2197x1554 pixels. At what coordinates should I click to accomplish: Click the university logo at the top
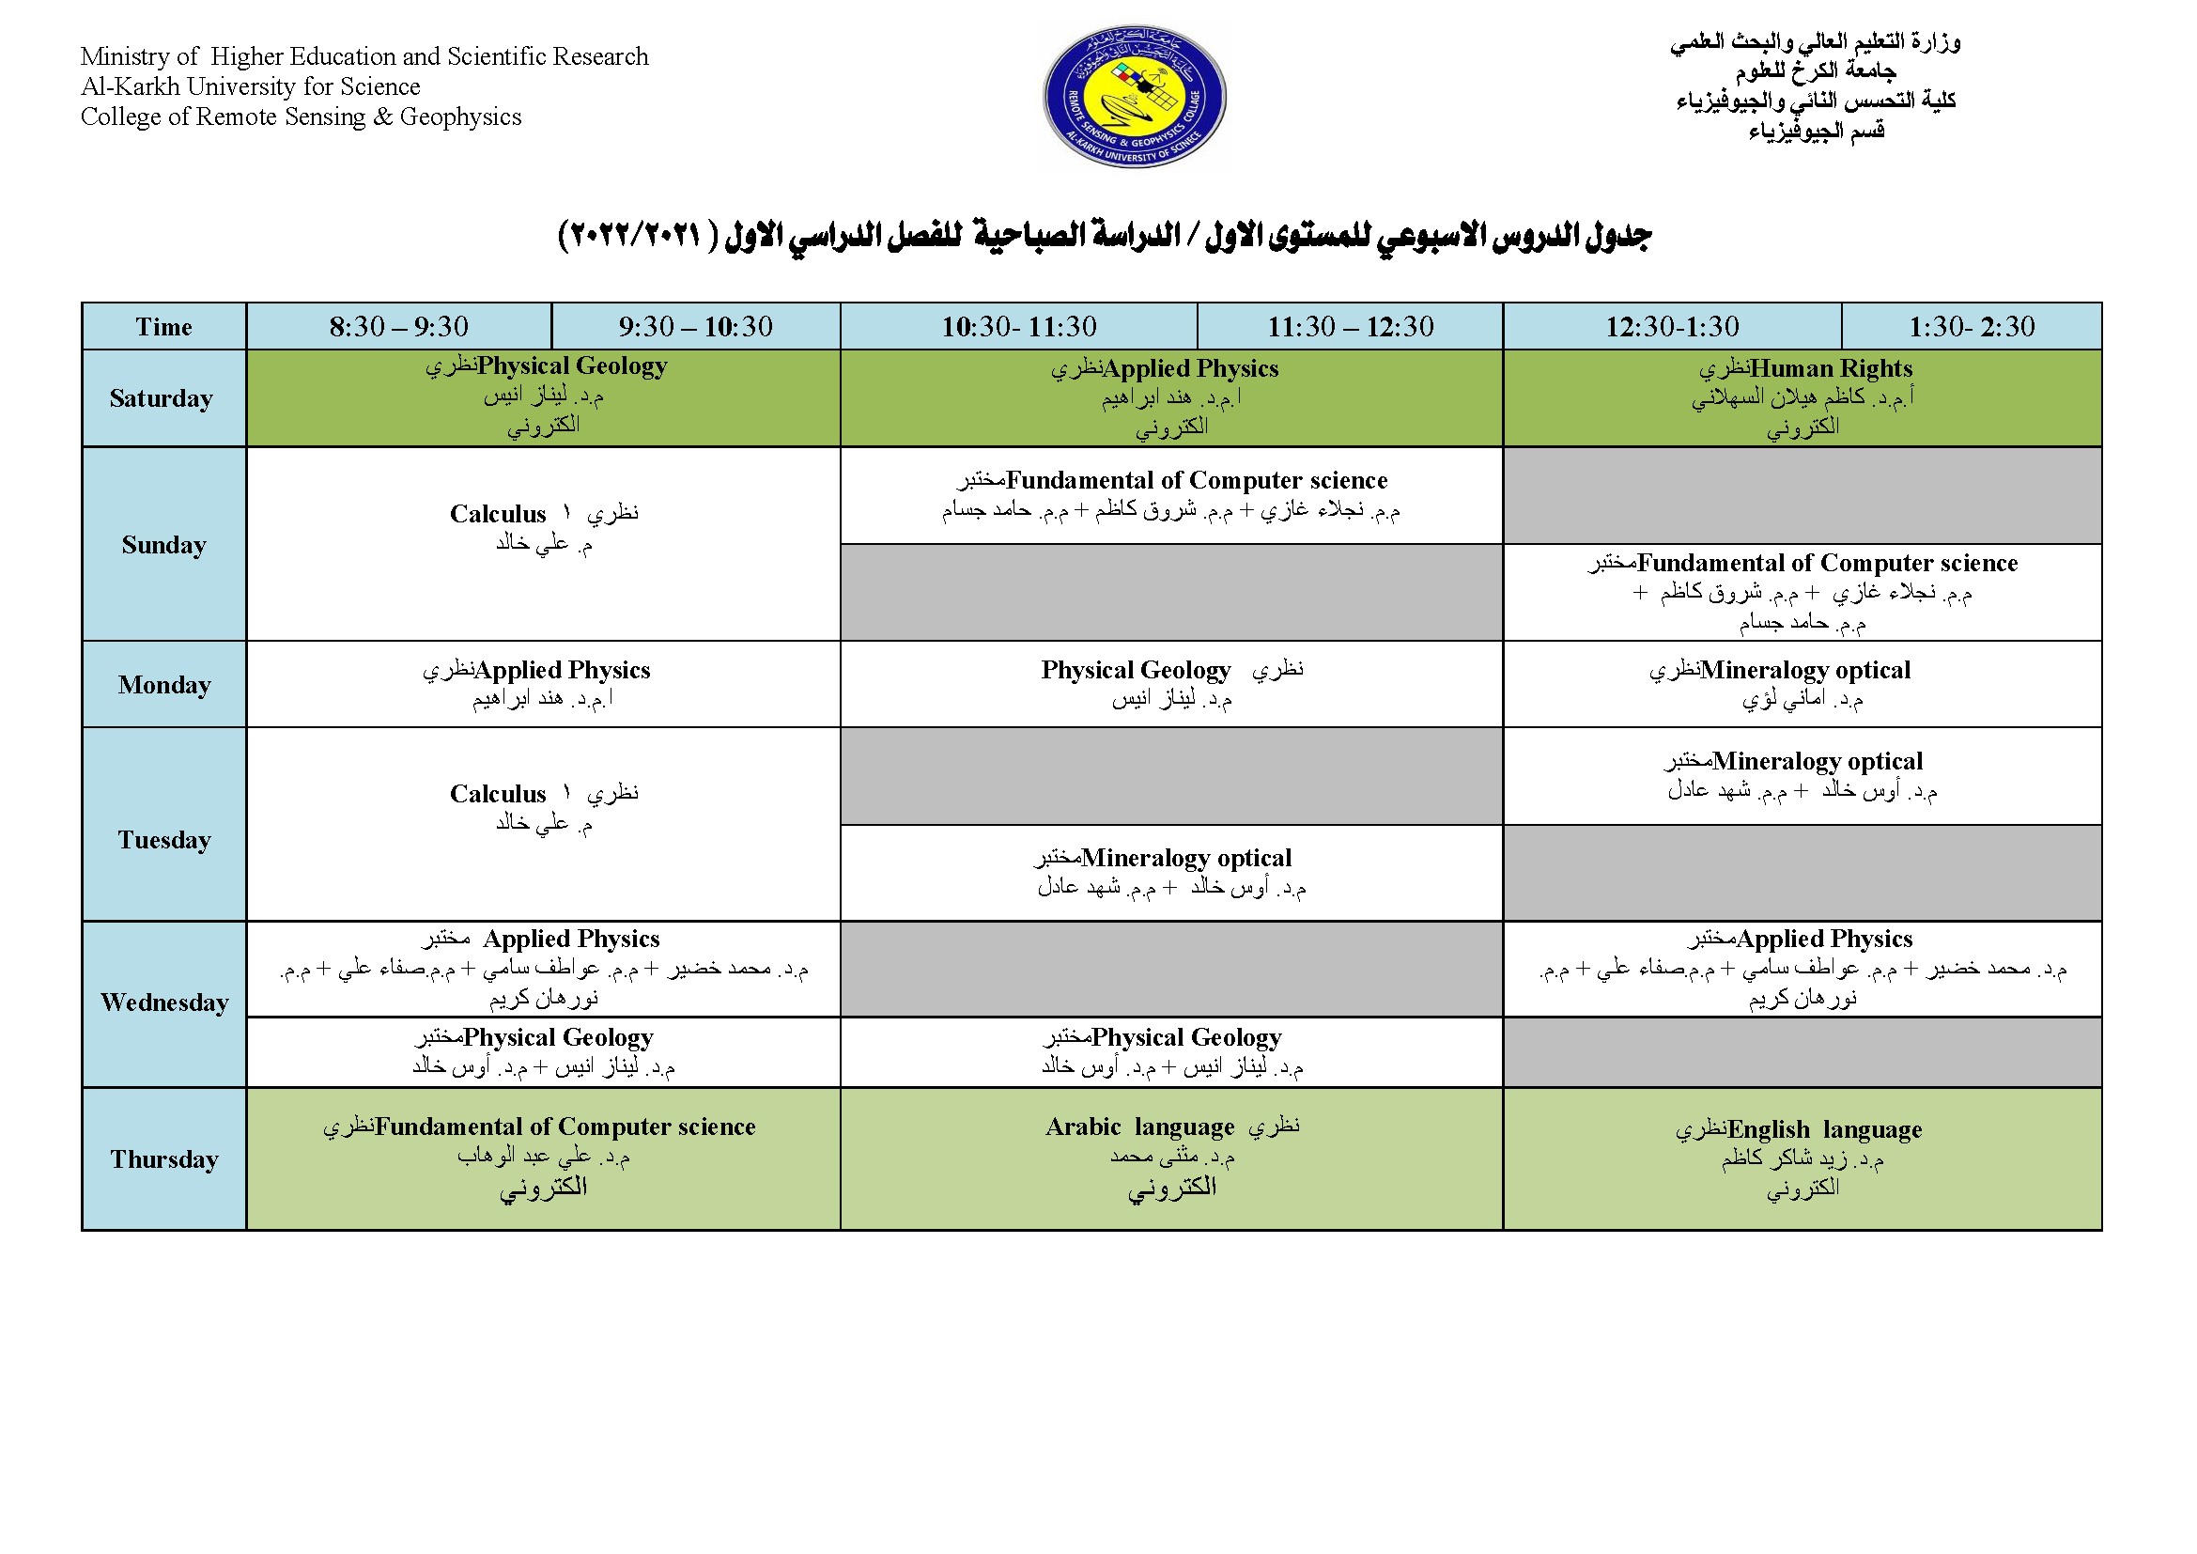(1134, 97)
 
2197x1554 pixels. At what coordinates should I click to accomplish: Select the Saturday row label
(162, 398)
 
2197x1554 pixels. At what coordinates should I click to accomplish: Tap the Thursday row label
(163, 1158)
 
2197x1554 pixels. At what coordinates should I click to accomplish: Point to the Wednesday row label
(163, 1002)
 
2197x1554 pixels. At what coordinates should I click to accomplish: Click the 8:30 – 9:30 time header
(399, 326)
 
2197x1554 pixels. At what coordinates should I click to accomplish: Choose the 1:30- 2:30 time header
(1972, 326)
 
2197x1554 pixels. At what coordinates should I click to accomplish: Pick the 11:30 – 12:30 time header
(1350, 326)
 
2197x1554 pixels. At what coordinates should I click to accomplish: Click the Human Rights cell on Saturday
(1802, 397)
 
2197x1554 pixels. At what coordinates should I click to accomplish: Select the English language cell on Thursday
(1802, 1158)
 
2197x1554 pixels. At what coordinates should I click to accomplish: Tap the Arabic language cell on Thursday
(1171, 1158)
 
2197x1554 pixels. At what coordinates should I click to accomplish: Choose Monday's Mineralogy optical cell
(1802, 683)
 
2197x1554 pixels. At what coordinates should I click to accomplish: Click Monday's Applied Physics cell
(543, 683)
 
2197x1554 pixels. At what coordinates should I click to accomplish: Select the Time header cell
(163, 326)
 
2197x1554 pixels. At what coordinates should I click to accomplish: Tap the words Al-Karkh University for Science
(251, 86)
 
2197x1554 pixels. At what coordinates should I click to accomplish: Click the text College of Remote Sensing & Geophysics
(302, 117)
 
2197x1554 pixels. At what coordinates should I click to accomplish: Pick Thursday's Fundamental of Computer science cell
(543, 1158)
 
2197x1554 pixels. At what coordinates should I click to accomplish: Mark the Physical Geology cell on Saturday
(543, 396)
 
